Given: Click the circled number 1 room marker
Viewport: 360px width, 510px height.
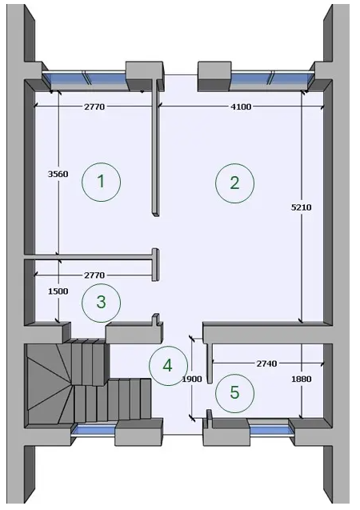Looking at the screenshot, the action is coord(101,182).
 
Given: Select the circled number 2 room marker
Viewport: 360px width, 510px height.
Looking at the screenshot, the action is coord(234,183).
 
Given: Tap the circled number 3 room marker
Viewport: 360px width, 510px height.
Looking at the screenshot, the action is coord(101,303).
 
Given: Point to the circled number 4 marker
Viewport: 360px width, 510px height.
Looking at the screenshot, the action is coord(168,366).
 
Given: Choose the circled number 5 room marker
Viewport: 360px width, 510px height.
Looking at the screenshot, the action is coord(234,393).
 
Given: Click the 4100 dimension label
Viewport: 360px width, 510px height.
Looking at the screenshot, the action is coord(241,106).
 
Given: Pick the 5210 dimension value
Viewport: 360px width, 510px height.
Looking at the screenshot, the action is coord(301,207).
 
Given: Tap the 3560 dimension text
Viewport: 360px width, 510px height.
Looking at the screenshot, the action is coord(58,174).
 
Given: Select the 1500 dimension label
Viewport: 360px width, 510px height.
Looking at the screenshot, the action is coord(58,291).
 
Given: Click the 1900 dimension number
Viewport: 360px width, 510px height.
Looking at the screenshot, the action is coord(192,379).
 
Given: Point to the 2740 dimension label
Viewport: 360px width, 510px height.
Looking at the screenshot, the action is coord(266,363).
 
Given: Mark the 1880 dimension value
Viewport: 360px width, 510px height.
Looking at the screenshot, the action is coord(301,379).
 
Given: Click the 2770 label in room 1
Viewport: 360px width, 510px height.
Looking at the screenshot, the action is coord(94,106).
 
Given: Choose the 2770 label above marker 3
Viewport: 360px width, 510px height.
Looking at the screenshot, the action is coord(94,275).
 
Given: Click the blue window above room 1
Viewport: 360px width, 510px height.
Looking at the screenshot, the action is coord(85,78).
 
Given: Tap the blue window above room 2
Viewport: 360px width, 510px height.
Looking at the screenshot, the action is coord(272,78).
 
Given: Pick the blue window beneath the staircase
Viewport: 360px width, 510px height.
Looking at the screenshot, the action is coord(94,429).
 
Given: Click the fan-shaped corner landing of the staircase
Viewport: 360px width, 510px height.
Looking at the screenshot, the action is coord(49,384).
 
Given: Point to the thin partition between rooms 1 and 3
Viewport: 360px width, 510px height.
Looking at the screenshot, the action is coord(88,257).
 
